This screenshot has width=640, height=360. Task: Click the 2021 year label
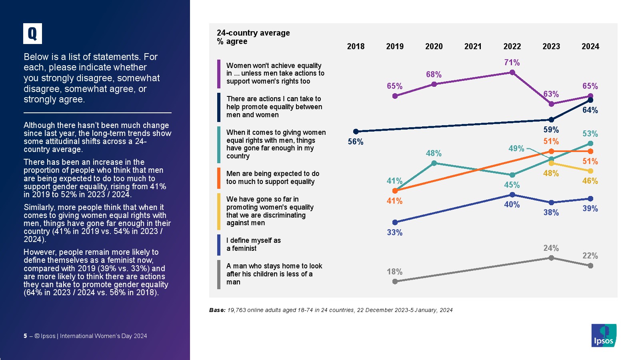[x=473, y=46]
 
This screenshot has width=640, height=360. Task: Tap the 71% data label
[x=512, y=62]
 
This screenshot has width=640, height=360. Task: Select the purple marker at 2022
[x=512, y=72]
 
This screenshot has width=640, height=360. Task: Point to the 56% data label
[x=356, y=142]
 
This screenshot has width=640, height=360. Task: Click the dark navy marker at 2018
[x=356, y=131]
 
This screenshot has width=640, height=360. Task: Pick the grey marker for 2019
[x=395, y=282]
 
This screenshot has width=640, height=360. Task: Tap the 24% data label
[x=551, y=248]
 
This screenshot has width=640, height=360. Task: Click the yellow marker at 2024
[x=590, y=171]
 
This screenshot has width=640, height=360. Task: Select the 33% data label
[x=394, y=232]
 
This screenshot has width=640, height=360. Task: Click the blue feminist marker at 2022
[x=512, y=195]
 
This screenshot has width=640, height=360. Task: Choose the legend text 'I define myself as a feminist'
[x=254, y=244]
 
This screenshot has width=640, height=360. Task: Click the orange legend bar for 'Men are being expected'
[x=219, y=178]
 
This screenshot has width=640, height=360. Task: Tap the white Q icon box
[x=32, y=34]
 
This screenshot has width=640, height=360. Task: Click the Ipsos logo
[x=604, y=335]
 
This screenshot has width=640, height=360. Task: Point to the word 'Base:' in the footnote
[x=217, y=310]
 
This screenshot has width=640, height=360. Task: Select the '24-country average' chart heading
[x=253, y=33]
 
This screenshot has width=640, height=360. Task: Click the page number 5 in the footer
[x=26, y=336]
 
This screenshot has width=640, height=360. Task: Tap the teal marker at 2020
[x=434, y=163]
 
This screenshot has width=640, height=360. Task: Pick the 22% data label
[x=590, y=256]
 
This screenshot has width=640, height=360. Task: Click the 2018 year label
[x=356, y=46]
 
